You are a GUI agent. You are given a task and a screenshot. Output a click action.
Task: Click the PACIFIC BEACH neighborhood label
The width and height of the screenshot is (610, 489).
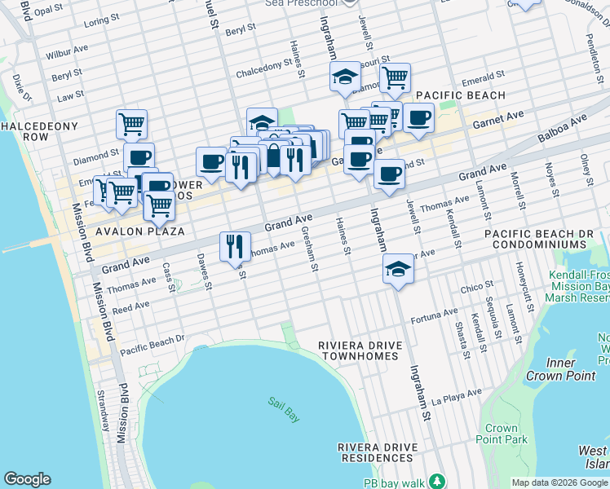(461, 95)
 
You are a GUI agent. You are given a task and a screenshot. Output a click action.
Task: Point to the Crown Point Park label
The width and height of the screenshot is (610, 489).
(502, 434)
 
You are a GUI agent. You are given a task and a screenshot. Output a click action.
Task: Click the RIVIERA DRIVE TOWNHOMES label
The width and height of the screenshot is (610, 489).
(361, 350)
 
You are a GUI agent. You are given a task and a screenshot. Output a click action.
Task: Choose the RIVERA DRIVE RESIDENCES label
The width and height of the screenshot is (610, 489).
(378, 453)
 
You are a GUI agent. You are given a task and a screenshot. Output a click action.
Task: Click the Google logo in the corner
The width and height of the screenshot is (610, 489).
(27, 479)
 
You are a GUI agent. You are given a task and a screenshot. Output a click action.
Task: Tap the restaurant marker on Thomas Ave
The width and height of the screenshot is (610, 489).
(234, 246)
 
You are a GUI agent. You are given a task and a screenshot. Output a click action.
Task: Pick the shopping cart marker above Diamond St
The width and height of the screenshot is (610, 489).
(131, 125)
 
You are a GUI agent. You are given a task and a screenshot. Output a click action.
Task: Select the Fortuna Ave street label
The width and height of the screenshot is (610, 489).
(435, 315)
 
